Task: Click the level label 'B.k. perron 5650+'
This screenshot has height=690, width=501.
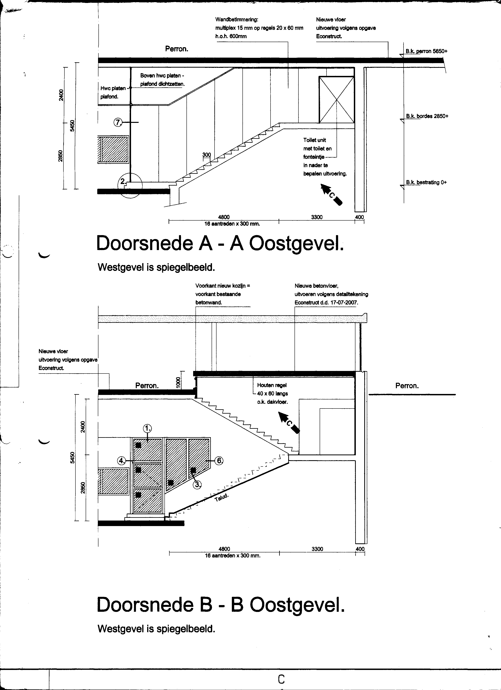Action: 426,51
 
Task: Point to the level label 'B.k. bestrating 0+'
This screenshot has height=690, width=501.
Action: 426,182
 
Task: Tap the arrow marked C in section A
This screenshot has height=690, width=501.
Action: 332,194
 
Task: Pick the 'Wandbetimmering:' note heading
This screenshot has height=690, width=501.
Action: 237,19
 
